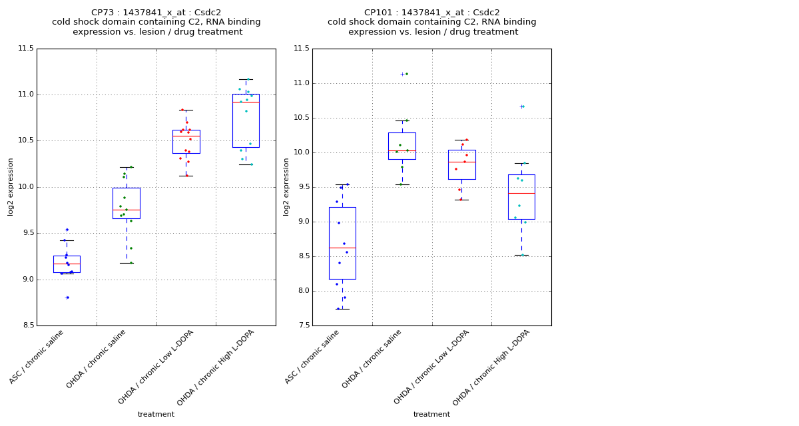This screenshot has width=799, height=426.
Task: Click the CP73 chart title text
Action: [156, 22]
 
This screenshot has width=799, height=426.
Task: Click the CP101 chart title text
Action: [431, 22]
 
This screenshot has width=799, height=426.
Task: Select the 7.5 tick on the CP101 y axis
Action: [301, 325]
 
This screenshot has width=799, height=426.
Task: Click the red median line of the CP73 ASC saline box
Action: [67, 264]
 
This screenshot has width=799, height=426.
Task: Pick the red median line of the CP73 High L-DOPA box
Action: [246, 102]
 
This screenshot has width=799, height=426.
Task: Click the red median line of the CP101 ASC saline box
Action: [342, 248]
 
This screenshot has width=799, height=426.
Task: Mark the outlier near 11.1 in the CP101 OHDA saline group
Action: [402, 74]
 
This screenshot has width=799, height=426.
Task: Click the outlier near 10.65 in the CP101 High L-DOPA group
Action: [521, 106]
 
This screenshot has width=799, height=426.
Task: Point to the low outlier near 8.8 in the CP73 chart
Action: [67, 298]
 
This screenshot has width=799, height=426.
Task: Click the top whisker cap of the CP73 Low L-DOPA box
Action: [186, 110]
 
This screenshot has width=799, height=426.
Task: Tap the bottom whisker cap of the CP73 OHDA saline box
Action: [127, 263]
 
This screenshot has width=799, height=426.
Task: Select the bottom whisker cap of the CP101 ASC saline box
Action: [342, 309]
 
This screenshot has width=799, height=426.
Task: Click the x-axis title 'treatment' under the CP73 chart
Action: [156, 414]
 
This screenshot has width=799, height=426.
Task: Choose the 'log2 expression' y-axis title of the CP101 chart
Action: [286, 186]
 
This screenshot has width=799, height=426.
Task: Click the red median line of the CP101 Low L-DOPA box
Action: [461, 162]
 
